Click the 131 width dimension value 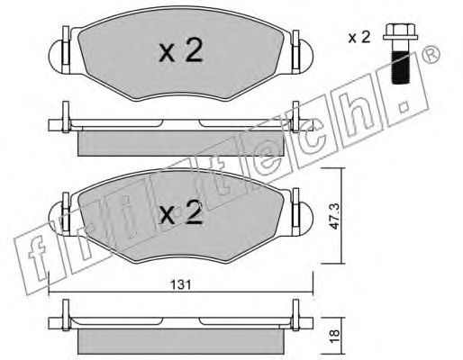[x=181, y=284]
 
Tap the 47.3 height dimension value [x=334, y=216]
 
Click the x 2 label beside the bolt [x=359, y=38]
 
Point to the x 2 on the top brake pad [x=181, y=51]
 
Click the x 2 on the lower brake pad [x=181, y=212]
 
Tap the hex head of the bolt [x=401, y=31]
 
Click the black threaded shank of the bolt [x=401, y=67]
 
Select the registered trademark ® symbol [x=431, y=55]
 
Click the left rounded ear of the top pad [x=56, y=57]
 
